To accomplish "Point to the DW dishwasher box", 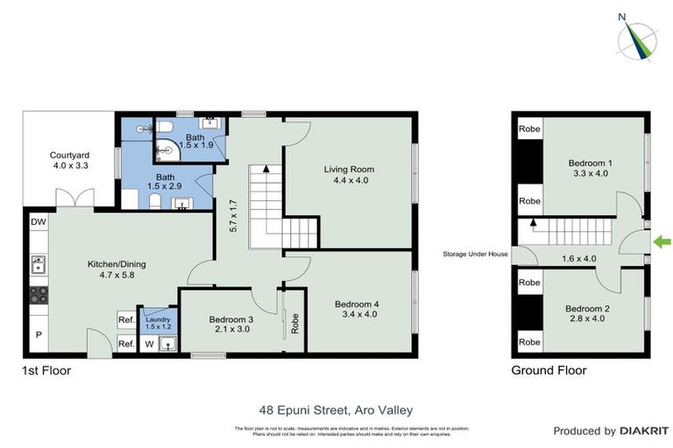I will coord(38,224).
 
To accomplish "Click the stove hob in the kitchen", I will coord(38,295).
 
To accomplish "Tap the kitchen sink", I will coord(38,261).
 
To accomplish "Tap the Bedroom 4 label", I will coord(357,310).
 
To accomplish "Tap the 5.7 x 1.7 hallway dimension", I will coord(233,215).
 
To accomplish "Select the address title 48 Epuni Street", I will coord(336,409).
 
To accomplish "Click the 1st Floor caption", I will coord(46,370).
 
